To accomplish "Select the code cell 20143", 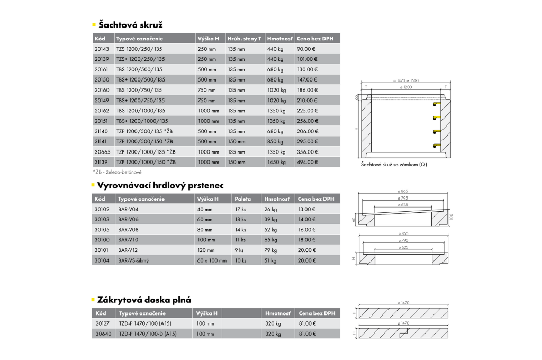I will click(x=102, y=49).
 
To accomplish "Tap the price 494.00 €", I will click(x=308, y=162).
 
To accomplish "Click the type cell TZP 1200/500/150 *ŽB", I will click(x=146, y=141).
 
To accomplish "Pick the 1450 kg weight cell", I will click(x=276, y=162).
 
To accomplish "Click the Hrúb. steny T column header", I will click(x=244, y=39).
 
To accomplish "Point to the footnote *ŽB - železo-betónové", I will click(x=117, y=172).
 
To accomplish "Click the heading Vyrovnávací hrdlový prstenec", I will click(x=160, y=185).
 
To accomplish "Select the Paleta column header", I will click(x=243, y=199).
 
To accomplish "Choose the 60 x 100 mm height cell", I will click(x=212, y=260).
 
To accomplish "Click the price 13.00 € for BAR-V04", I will click(x=306, y=209).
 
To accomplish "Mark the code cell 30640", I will click(x=103, y=334).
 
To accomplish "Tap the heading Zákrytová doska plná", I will click(x=144, y=300).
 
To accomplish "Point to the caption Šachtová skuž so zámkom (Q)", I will click(x=394, y=165).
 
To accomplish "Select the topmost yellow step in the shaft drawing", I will click(x=436, y=104).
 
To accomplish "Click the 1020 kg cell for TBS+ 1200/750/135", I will click(x=276, y=100).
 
